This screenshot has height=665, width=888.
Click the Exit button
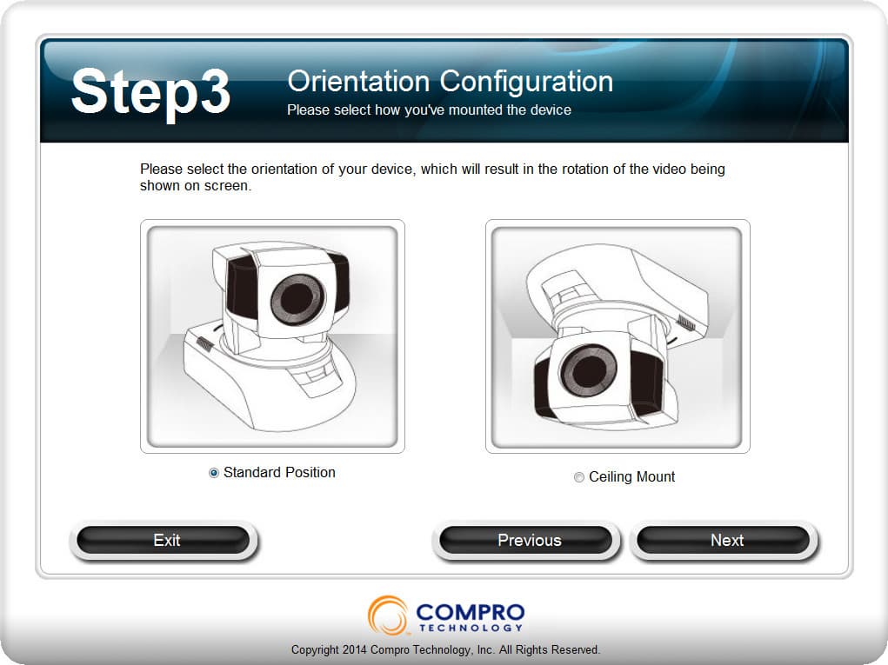164,540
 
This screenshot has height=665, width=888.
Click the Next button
724,540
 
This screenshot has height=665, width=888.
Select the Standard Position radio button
213,473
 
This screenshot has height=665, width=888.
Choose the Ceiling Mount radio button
578,477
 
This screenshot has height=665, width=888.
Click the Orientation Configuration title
451,82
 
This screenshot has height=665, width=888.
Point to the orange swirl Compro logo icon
388,615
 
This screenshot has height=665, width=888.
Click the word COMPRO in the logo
470,612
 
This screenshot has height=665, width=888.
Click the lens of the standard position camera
297,298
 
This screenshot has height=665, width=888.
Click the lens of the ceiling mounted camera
588,369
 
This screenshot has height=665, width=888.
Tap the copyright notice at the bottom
445,649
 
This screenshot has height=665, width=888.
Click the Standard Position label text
279,473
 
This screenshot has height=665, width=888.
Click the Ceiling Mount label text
632,477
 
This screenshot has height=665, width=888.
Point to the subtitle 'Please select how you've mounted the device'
429,110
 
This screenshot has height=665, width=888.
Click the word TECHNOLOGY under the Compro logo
470,628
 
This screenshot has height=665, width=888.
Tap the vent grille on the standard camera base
204,343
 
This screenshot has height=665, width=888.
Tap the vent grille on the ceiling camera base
686,323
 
